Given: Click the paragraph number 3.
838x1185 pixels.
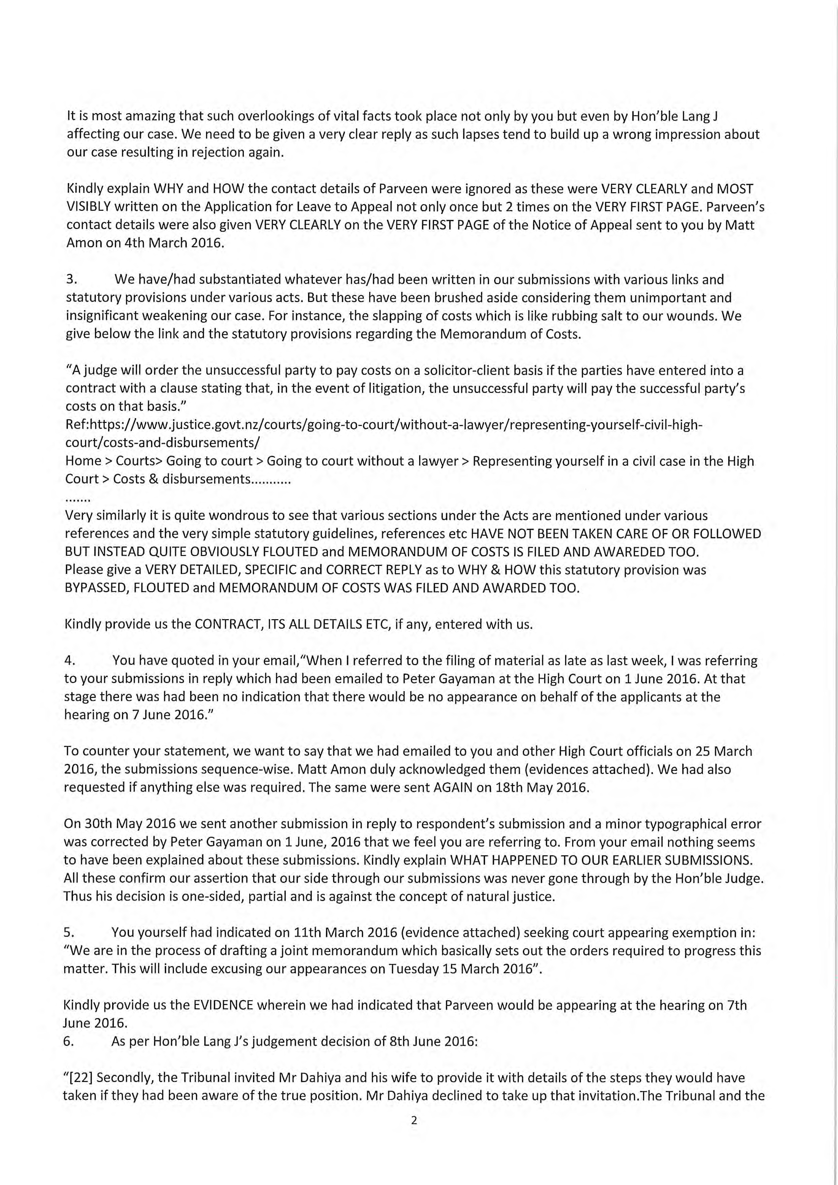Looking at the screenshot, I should tap(72, 280).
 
